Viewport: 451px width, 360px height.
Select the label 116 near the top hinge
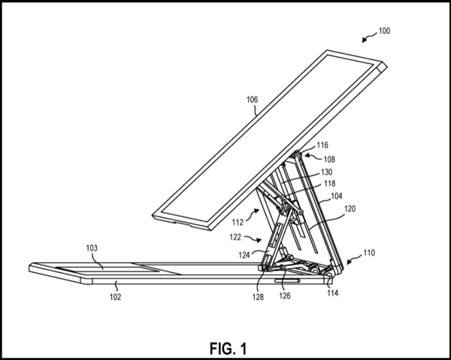pyautogui.click(x=322, y=146)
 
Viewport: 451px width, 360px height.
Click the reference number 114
pyautogui.click(x=331, y=292)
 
